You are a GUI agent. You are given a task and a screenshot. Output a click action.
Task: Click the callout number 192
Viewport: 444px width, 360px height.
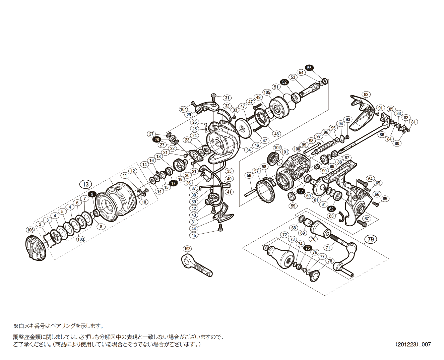point(187,249)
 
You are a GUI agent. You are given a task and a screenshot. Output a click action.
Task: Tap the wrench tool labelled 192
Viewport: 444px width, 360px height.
point(197,265)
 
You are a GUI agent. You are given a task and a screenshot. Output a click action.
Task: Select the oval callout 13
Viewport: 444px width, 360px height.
point(86,184)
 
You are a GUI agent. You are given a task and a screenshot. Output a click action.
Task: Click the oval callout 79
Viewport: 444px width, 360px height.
point(370,239)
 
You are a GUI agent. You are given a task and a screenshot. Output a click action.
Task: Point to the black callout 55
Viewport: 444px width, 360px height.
point(309,68)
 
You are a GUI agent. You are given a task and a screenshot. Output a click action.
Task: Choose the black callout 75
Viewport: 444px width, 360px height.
point(307,248)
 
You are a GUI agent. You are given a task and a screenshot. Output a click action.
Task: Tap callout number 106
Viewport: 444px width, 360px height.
point(30,230)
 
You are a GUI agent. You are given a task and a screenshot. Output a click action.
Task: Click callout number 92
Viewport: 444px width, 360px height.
point(366,95)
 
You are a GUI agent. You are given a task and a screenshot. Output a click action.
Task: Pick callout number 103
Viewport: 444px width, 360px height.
point(80,239)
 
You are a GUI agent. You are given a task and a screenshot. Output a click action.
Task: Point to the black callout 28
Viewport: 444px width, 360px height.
point(156,140)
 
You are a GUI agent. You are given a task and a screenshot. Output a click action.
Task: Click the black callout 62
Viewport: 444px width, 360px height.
point(331,209)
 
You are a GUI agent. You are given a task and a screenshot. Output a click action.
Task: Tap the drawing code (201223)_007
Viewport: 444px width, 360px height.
point(413,344)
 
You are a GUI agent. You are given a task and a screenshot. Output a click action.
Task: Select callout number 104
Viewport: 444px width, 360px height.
point(183,109)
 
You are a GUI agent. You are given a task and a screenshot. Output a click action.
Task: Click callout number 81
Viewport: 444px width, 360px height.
point(414,122)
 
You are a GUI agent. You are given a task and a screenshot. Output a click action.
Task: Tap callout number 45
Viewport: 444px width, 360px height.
point(194,235)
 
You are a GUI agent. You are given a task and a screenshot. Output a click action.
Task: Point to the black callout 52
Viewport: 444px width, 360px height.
point(284,82)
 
